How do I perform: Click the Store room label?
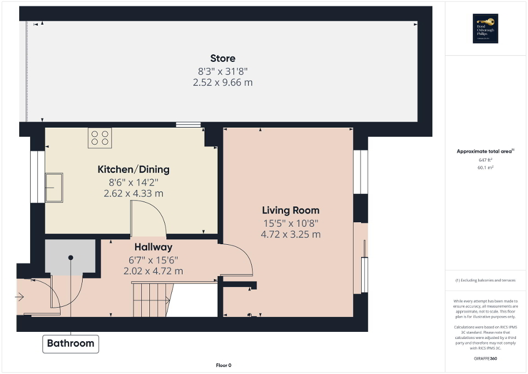click(x=223, y=59)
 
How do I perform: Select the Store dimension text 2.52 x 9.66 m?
click(x=223, y=83)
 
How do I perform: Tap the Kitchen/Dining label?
click(x=134, y=169)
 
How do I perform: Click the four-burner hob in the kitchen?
click(x=100, y=138)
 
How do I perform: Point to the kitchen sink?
click(x=54, y=187)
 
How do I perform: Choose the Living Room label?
click(x=291, y=210)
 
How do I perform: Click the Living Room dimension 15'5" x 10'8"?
click(x=291, y=223)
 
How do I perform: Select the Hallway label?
click(x=153, y=248)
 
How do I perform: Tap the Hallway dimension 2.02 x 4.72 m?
click(x=153, y=271)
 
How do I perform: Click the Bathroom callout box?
click(x=71, y=344)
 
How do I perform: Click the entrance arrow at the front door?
click(x=20, y=297)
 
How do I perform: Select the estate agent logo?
click(x=484, y=28)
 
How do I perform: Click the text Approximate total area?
click(x=485, y=151)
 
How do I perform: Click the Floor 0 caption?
click(x=224, y=365)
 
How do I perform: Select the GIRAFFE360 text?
click(x=486, y=358)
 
